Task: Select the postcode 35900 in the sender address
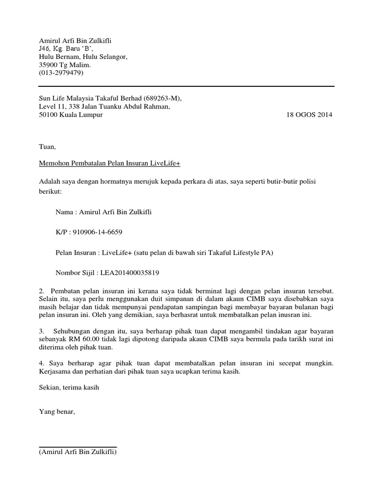click(48, 65)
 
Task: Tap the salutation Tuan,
click(47, 147)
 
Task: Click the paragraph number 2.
click(41, 291)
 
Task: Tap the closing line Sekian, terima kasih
click(69, 388)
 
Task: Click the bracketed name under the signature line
click(78, 452)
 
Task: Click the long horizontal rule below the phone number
click(186, 86)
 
